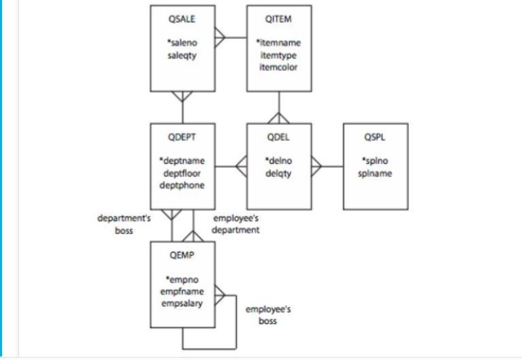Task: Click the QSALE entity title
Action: (x=182, y=19)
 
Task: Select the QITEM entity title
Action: (x=278, y=19)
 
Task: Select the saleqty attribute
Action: (x=182, y=55)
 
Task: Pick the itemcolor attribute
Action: (x=278, y=67)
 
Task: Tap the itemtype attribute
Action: (x=278, y=55)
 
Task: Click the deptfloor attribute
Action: (x=182, y=173)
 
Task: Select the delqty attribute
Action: (x=278, y=173)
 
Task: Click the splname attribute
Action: (x=375, y=173)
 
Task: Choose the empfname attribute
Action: (x=182, y=291)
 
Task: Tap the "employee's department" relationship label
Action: (x=236, y=225)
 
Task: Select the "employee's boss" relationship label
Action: (x=267, y=314)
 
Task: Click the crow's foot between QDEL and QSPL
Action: (x=317, y=166)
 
